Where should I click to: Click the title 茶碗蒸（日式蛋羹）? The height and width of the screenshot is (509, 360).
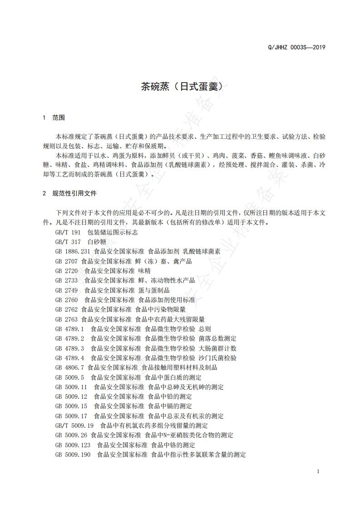(x=180, y=86)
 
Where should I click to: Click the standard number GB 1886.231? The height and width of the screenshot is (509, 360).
(x=73, y=251)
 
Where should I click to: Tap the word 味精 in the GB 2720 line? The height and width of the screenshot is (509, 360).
(x=144, y=271)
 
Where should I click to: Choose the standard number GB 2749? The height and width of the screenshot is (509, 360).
(x=66, y=290)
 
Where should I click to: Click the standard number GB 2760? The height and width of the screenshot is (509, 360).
(x=66, y=300)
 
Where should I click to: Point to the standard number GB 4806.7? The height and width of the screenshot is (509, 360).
(x=69, y=367)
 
